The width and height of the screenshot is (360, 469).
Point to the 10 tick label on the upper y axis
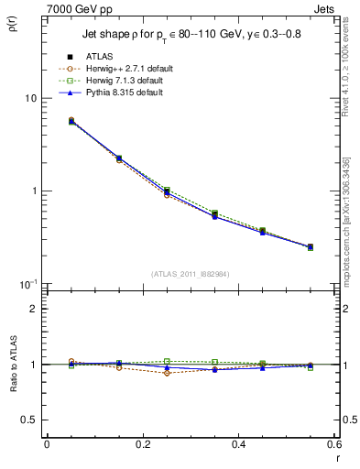31,99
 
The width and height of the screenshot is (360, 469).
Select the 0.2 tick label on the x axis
143,444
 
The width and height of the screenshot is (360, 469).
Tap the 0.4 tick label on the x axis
239,444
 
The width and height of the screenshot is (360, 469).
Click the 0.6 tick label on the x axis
334,444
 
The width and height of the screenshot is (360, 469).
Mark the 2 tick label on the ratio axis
35,309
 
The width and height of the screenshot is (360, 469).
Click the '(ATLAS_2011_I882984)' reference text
191,273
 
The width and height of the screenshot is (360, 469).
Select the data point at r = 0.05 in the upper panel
71,121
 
